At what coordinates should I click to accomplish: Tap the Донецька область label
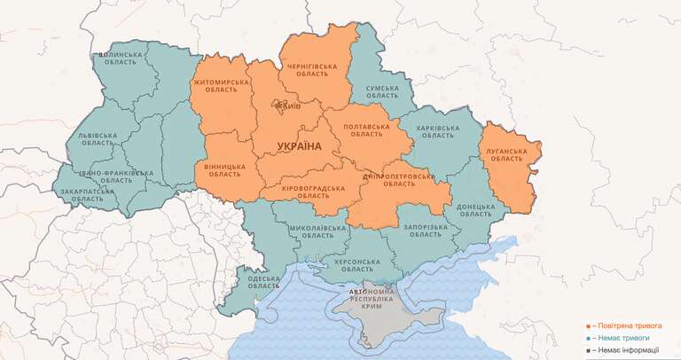[476, 209]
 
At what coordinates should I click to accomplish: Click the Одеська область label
[263, 281]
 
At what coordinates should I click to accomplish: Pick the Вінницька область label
[224, 170]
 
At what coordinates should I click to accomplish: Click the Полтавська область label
[366, 130]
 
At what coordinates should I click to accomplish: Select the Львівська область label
[97, 141]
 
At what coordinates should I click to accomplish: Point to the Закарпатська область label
[87, 195]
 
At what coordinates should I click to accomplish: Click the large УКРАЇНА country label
[299, 145]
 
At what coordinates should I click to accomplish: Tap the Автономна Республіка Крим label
[372, 298]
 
